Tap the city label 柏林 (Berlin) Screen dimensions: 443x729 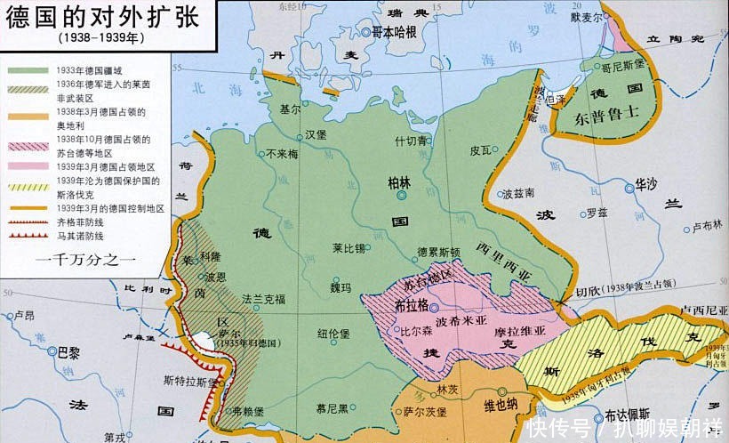(399, 182)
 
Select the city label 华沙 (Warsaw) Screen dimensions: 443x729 (645, 186)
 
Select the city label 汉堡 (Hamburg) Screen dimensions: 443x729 (316, 135)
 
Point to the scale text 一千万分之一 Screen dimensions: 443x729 (85, 261)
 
